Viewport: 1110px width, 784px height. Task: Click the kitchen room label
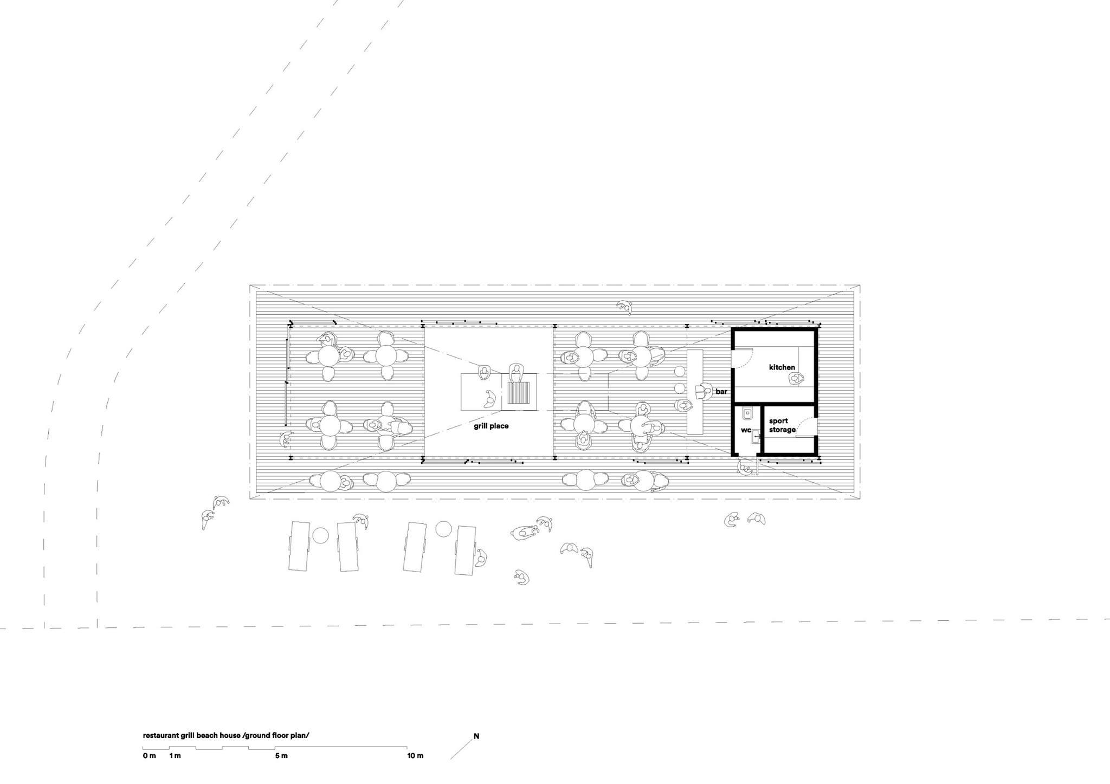[x=782, y=367]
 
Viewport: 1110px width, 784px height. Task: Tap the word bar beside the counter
[x=721, y=391]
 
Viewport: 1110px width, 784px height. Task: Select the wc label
[x=746, y=430]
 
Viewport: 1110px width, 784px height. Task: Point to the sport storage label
[x=782, y=425]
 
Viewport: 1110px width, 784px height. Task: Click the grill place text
[x=491, y=426]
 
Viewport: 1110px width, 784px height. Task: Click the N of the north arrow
[x=476, y=736]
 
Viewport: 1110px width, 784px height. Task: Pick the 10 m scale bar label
[x=415, y=756]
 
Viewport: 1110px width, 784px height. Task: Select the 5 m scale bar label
[x=281, y=756]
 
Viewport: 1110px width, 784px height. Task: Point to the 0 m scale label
[x=149, y=756]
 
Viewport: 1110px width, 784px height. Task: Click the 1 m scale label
[x=175, y=756]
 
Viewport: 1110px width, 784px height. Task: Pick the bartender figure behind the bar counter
[x=704, y=391]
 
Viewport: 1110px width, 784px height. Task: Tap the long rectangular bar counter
[x=695, y=391]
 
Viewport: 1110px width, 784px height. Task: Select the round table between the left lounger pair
[x=320, y=535]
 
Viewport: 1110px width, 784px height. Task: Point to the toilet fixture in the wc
[x=747, y=413]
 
